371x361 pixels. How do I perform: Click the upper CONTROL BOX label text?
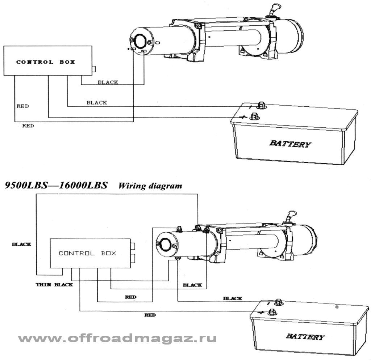[46, 62]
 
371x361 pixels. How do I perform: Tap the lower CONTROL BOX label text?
[87, 253]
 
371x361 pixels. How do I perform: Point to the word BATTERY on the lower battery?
[305, 337]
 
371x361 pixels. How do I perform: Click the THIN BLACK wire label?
[54, 284]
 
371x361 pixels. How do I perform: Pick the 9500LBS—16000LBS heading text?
[56, 186]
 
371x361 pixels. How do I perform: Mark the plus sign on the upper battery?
[243, 117]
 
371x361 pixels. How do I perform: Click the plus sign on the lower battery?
[260, 313]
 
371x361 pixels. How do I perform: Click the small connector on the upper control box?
[94, 68]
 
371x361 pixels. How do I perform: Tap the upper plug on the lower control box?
[133, 247]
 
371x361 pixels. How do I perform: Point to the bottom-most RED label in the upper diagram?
[28, 126]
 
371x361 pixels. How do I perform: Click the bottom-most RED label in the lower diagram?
[150, 315]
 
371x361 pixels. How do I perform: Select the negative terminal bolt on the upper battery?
[260, 106]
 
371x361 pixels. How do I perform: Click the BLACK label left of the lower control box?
[21, 244]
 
